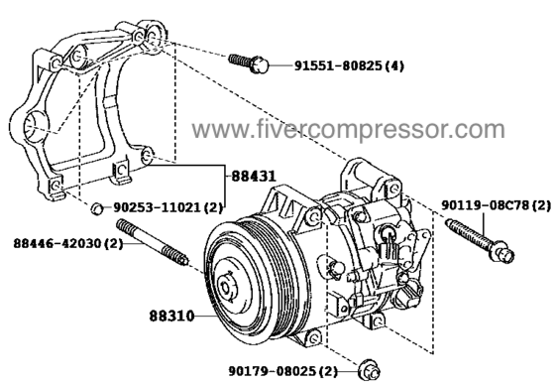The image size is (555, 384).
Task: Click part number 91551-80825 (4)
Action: point(348,66)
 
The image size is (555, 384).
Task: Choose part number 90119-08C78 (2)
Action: point(495,205)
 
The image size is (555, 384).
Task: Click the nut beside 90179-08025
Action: point(368,369)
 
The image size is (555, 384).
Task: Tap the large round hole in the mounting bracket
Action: point(34,128)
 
